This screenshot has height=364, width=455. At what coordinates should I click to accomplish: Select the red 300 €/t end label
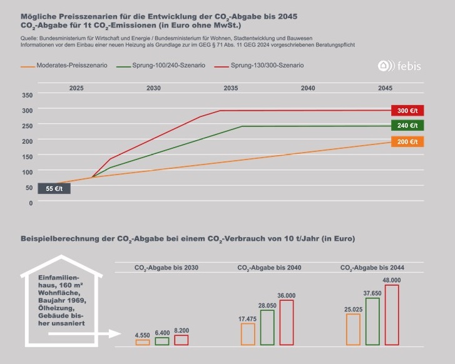point(407,111)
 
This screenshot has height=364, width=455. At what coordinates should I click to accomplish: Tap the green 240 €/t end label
point(407,126)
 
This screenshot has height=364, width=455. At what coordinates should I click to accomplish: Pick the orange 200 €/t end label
point(407,142)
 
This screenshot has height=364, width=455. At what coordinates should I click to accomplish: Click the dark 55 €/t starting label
point(54,188)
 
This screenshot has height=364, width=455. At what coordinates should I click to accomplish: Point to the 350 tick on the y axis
point(27,95)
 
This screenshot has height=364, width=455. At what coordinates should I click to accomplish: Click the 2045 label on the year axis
point(385,88)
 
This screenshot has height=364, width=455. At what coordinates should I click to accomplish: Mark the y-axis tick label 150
point(27,156)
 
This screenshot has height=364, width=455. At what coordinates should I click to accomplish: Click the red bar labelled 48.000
point(392,315)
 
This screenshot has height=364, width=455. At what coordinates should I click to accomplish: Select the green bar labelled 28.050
point(268,327)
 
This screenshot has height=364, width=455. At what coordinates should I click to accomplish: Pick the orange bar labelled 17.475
point(248,334)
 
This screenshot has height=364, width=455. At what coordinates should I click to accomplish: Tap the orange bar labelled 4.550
point(143,342)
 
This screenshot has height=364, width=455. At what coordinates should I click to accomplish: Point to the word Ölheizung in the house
point(55,308)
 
